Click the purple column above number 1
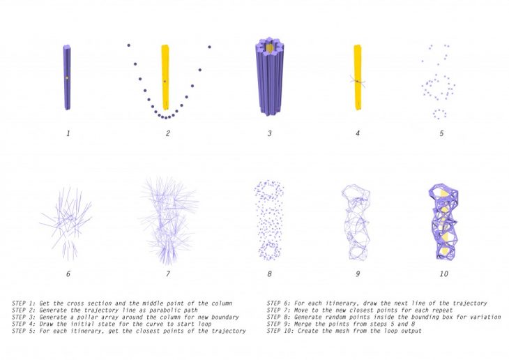[x=67, y=77]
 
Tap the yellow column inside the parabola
[x=165, y=77]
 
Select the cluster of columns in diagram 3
[x=270, y=76]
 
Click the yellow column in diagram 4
[x=358, y=77]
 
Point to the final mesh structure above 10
[x=444, y=222]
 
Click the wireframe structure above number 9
[x=356, y=223]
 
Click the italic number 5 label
[x=441, y=133]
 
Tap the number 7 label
[x=168, y=274]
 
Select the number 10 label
[x=443, y=274]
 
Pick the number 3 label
[x=269, y=133]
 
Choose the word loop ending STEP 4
[x=204, y=324]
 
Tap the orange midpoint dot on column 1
[x=67, y=78]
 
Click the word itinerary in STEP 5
[x=75, y=331]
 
